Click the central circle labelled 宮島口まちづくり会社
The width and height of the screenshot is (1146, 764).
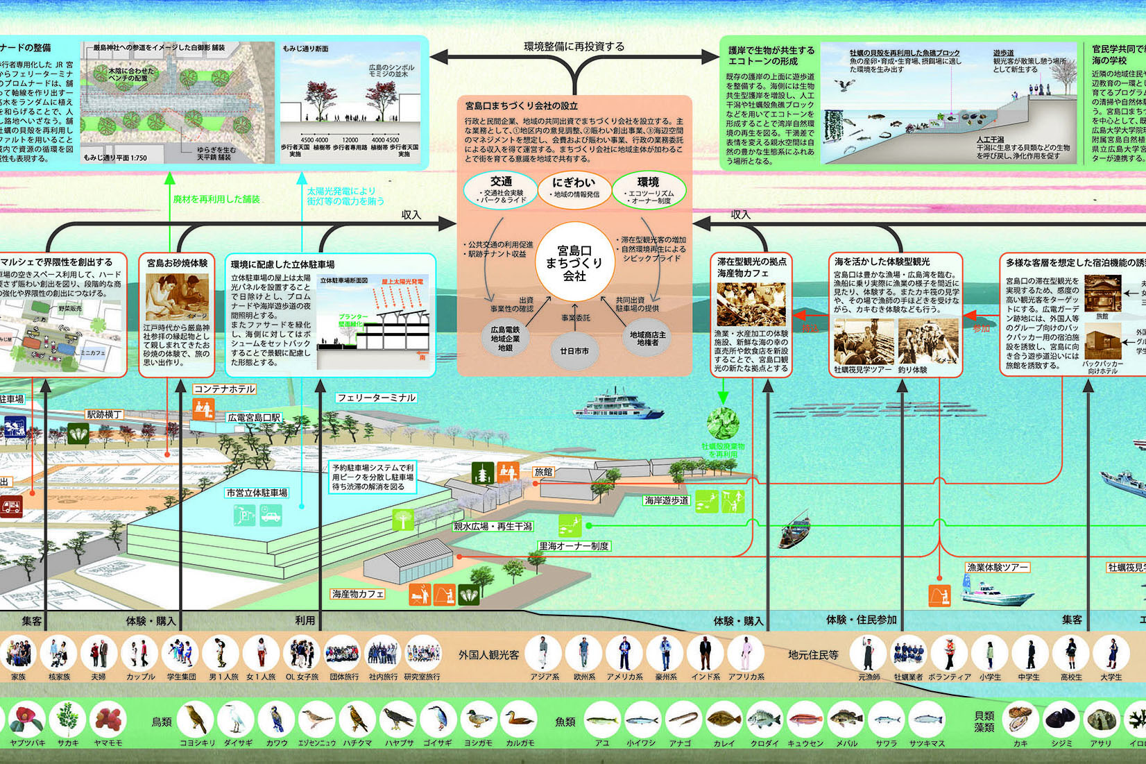[x=574, y=262]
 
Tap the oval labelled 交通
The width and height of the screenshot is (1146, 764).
[x=502, y=189]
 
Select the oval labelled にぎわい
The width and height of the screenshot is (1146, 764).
[x=574, y=189]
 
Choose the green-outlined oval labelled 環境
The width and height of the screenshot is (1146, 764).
[x=649, y=189]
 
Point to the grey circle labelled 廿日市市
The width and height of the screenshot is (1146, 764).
[x=574, y=351]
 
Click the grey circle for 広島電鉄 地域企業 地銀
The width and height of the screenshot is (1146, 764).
[x=505, y=339]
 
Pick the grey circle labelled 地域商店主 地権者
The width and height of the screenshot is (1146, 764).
[x=647, y=338]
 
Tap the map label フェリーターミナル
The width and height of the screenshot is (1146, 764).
[x=376, y=398]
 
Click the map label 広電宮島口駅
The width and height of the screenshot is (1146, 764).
[x=254, y=418]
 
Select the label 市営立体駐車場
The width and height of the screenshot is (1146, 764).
[x=257, y=493]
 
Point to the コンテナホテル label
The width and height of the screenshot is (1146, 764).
[x=224, y=389]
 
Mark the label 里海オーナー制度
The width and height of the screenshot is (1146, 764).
[x=574, y=546]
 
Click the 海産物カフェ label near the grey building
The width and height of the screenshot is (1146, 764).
[x=357, y=594]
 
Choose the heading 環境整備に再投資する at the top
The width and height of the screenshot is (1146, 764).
[x=574, y=46]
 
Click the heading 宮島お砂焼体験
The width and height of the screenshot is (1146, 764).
[x=177, y=263]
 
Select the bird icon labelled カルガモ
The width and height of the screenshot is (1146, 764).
[x=519, y=721]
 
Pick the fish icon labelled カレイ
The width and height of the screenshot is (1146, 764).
[x=724, y=721]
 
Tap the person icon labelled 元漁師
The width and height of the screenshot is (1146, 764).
[x=869, y=654]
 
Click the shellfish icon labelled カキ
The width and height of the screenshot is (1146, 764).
[x=1020, y=721]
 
